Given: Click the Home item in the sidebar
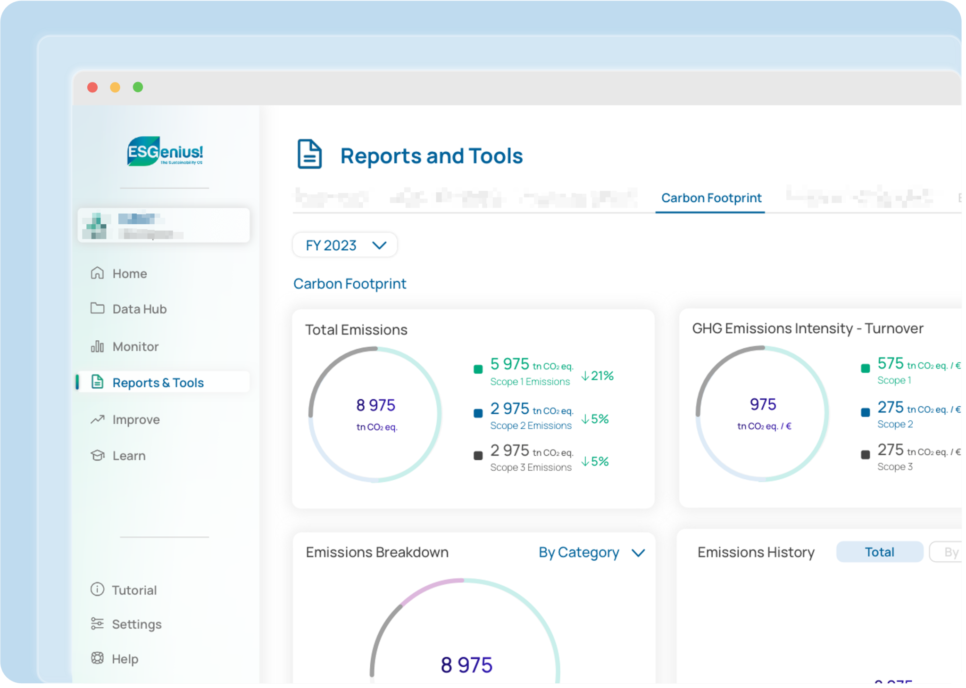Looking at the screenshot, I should tap(129, 273).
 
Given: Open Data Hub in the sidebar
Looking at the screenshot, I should tap(139, 309).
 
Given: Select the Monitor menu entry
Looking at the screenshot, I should tap(135, 346).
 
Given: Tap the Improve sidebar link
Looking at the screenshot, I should tap(135, 419).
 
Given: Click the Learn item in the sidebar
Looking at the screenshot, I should tap(128, 456).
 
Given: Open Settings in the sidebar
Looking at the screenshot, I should tap(136, 624).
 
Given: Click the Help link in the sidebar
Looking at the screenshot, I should tap(125, 659).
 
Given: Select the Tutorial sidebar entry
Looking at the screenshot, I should tap(133, 590).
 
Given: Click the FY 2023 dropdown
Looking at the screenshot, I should tap(345, 245).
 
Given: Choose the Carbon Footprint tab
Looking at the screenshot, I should tap(711, 198).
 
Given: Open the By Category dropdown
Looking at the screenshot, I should tap(591, 552).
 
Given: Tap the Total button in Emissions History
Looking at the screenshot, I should tap(879, 552).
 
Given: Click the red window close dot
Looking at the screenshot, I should tap(92, 87).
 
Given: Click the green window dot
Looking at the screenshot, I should tap(138, 87).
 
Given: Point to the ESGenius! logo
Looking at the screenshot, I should tap(165, 152).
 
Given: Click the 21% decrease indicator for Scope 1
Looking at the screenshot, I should tap(597, 376).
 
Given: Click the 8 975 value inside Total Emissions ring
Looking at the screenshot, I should tap(375, 405).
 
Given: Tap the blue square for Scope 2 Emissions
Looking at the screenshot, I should tap(478, 413).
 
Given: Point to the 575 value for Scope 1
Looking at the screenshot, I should tap(890, 363).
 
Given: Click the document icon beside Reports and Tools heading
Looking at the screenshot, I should tap(309, 154).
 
